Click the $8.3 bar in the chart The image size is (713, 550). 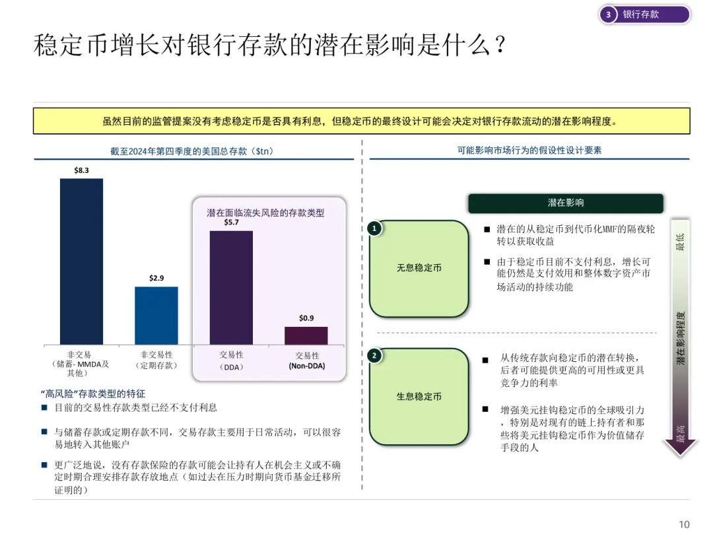(x=81, y=261)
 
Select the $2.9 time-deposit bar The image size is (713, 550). (x=156, y=315)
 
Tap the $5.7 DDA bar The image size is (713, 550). (x=231, y=287)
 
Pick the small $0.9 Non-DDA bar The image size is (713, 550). (x=306, y=335)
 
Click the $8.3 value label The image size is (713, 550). (x=81, y=170)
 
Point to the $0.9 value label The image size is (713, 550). (x=306, y=318)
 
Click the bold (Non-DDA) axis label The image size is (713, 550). (x=307, y=366)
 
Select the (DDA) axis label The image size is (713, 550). (x=231, y=366)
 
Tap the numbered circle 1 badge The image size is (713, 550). (x=374, y=228)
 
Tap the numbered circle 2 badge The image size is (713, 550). (x=374, y=356)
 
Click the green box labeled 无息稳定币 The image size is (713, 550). (x=419, y=268)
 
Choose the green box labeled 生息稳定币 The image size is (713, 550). (x=419, y=396)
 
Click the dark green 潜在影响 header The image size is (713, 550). (x=565, y=203)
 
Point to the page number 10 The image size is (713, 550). (x=684, y=525)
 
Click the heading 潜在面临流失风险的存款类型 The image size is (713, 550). (x=265, y=213)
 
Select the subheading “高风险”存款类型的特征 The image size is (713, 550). (x=92, y=394)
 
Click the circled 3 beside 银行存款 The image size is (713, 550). (x=609, y=15)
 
